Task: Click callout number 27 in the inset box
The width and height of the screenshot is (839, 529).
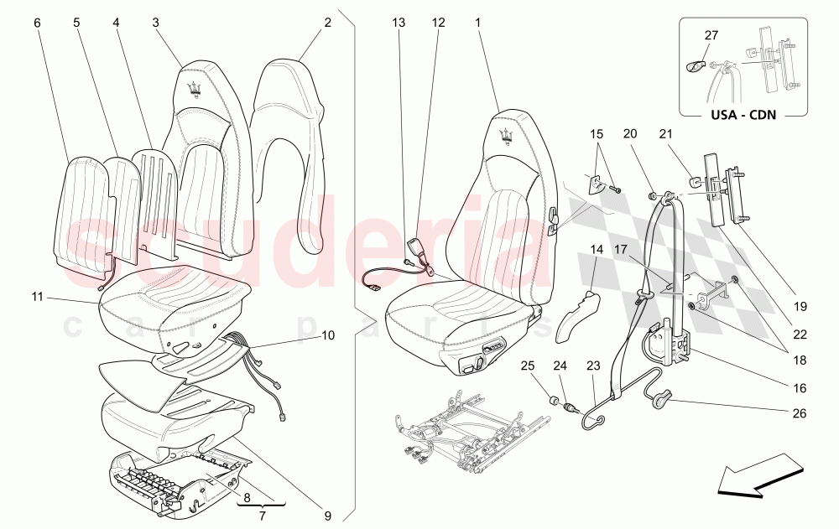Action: [711, 35]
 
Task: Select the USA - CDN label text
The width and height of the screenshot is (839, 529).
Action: [742, 116]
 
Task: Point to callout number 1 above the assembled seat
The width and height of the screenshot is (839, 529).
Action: [477, 23]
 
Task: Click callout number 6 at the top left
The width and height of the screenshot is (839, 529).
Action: [37, 23]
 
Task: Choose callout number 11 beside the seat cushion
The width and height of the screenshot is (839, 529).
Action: [37, 296]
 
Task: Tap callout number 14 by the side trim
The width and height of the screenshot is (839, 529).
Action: [597, 249]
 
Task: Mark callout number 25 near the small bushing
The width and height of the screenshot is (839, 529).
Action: [527, 366]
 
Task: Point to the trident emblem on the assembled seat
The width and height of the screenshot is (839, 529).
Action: [506, 137]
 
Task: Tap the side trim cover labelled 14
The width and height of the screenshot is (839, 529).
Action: [579, 315]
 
